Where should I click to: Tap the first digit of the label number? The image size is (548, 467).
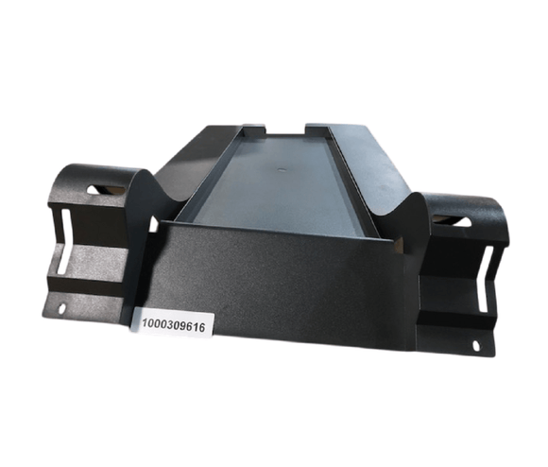tap(145, 325)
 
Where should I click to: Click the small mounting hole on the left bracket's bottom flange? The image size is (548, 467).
tap(64, 308)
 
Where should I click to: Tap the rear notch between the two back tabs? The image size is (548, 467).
tap(285, 128)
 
